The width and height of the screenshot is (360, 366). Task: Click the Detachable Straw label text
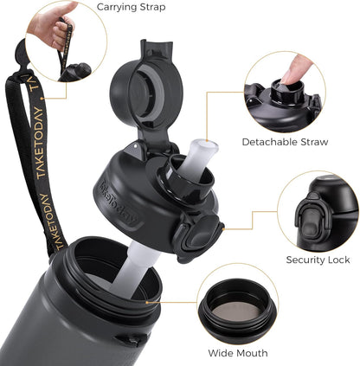(x=285, y=142)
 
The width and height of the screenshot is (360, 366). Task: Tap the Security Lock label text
(x=318, y=260)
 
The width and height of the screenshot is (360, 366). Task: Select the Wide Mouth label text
(x=238, y=353)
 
